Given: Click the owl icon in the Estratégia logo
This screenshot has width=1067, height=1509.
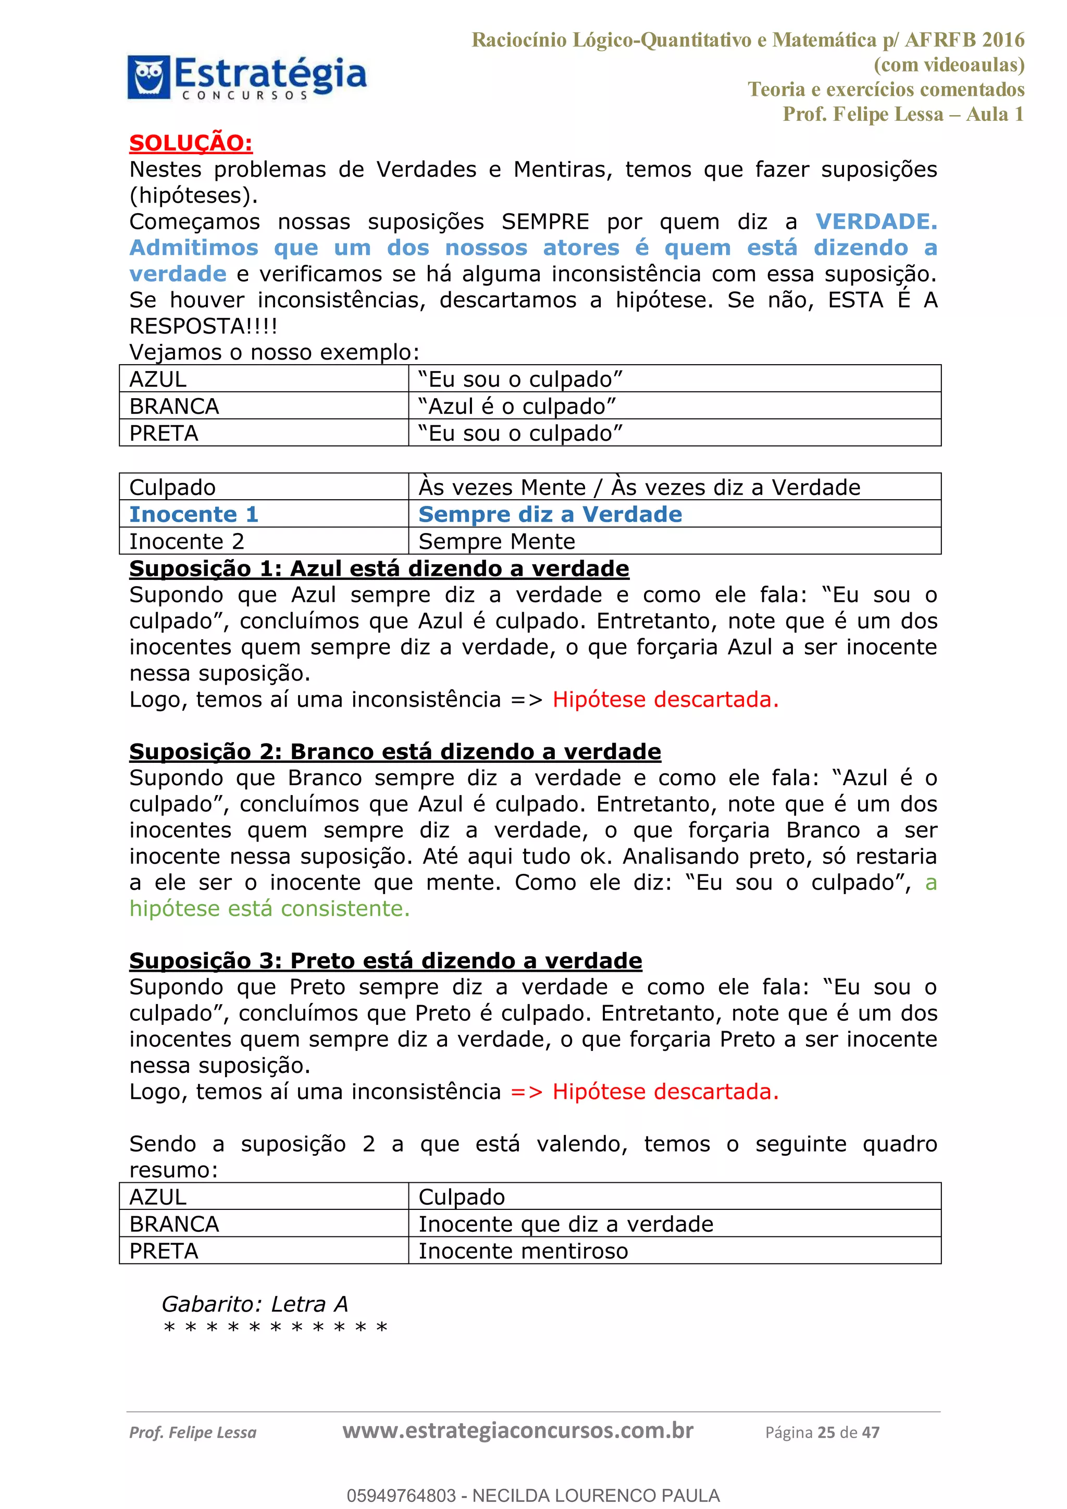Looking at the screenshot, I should coord(148,77).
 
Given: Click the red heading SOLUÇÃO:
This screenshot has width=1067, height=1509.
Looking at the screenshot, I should coord(191,143).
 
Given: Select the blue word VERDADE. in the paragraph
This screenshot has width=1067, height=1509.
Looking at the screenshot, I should coord(876,221).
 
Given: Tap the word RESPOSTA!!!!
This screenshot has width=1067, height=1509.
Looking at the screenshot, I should coord(203,326).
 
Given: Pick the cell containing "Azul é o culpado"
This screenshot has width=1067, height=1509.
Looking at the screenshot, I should coord(516,406).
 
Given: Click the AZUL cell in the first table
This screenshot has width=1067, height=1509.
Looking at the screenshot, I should coord(158,379).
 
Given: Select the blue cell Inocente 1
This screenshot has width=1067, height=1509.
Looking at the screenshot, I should coord(194,514).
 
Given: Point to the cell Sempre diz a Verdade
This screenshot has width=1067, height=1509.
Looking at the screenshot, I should coord(550,514).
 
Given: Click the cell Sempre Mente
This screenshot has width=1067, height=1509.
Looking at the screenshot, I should coord(497,541).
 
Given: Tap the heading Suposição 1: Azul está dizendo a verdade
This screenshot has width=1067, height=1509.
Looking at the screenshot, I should coord(378,568).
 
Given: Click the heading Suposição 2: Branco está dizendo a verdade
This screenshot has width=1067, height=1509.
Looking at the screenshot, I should coord(394,751).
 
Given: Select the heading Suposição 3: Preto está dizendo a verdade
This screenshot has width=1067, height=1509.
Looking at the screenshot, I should coord(385,960).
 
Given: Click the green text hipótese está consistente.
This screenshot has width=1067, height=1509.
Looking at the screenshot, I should coord(269,908).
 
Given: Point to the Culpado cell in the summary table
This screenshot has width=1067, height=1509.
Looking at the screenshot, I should coord(461,1197).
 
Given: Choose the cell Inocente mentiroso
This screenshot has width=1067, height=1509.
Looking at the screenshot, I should coord(523,1251).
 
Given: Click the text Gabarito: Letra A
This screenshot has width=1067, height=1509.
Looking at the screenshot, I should coord(254,1304).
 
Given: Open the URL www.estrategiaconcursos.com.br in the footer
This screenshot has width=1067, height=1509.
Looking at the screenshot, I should coord(518,1431).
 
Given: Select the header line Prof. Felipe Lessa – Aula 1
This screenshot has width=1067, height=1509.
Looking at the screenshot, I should coord(903,114).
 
